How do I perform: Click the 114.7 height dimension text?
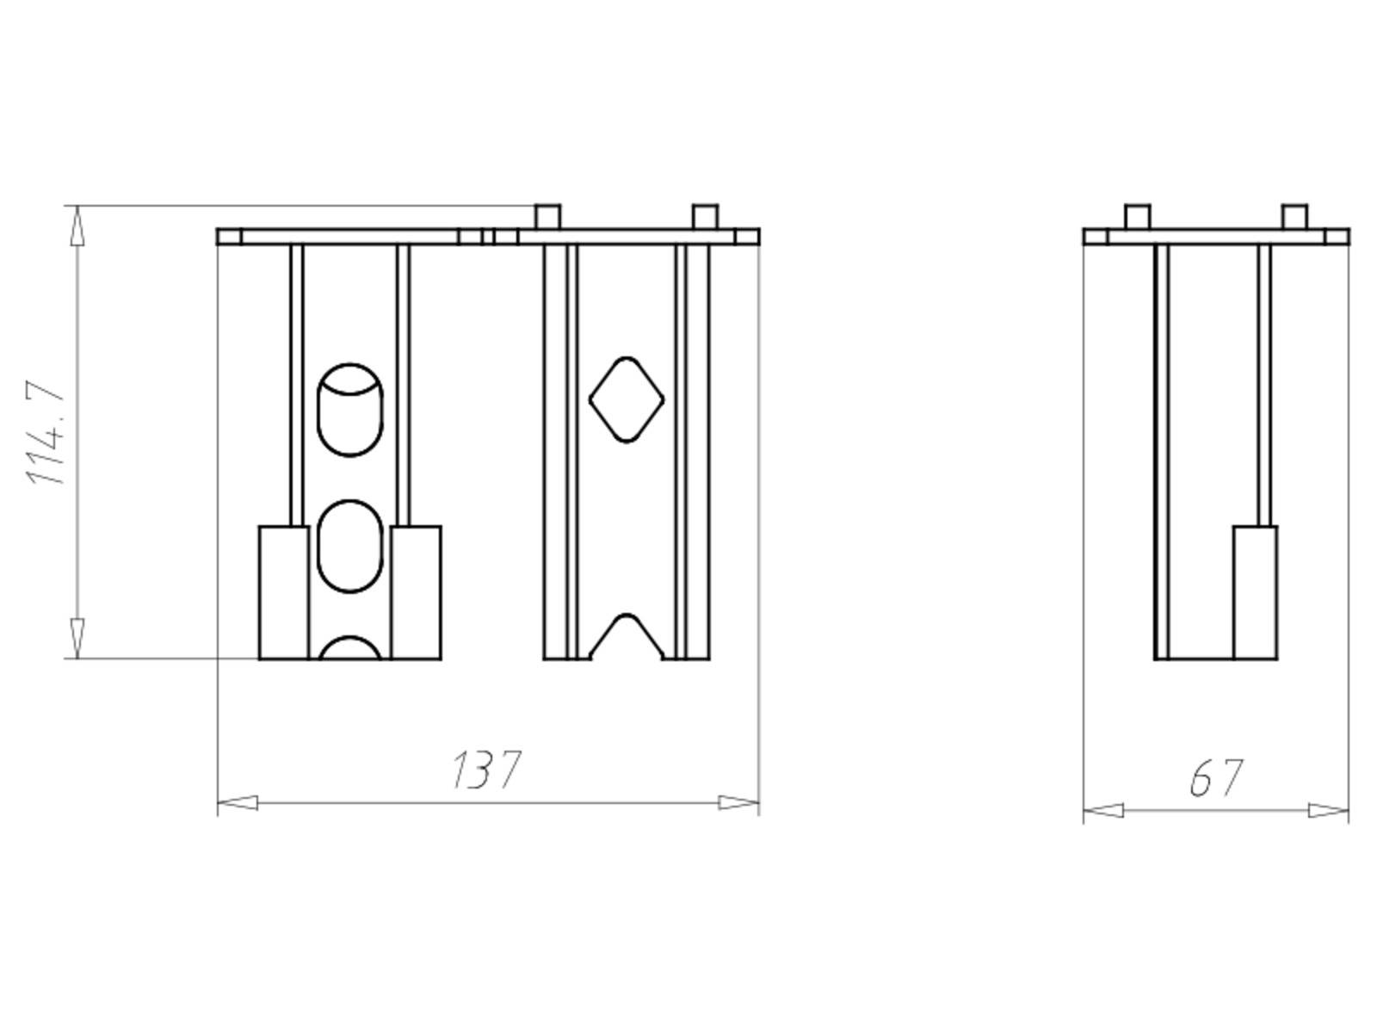pyautogui.click(x=44, y=432)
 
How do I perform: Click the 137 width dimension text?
pyautogui.click(x=486, y=770)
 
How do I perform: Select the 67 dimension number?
pyautogui.click(x=1216, y=777)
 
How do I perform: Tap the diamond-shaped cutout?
pyautogui.click(x=626, y=399)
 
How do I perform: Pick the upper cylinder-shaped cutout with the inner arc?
pyautogui.click(x=350, y=410)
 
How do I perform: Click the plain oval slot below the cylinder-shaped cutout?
pyautogui.click(x=350, y=547)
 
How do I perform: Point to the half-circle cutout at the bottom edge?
pyautogui.click(x=350, y=648)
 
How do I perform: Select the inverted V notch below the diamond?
pyautogui.click(x=626, y=636)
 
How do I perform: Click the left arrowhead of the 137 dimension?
pyautogui.click(x=238, y=803)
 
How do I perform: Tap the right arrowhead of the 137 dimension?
pyautogui.click(x=738, y=803)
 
